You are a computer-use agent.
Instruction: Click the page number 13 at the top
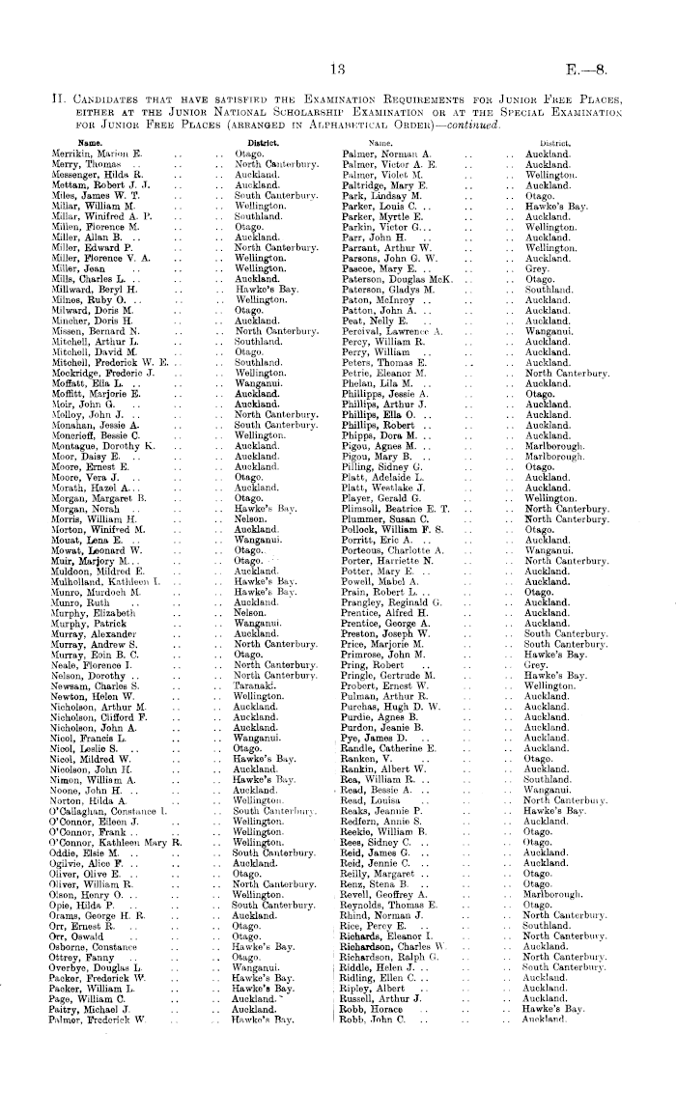point(337,69)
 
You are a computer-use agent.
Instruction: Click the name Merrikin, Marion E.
point(96,154)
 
